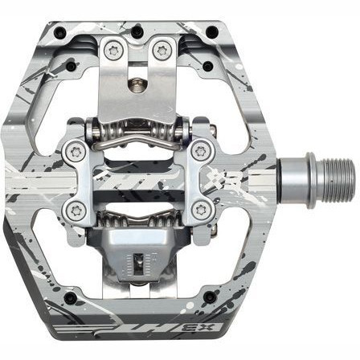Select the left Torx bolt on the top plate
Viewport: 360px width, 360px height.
(112, 50)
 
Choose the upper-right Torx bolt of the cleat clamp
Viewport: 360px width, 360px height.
(200, 149)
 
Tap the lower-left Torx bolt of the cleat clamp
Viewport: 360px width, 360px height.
(78, 211)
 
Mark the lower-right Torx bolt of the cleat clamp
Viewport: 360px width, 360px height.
(200, 210)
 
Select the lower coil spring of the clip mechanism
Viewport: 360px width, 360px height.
(139, 217)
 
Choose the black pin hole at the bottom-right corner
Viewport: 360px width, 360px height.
(210, 297)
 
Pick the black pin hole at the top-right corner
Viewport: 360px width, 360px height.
(211, 33)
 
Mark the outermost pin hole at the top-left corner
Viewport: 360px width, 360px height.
(59, 33)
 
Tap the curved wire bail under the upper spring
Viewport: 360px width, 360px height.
(139, 142)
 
